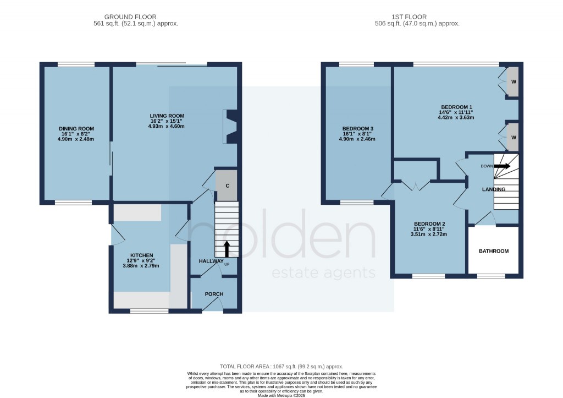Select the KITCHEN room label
click(x=126, y=255)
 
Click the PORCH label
click(x=214, y=294)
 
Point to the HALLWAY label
click(x=211, y=261)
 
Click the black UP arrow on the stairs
click(x=226, y=248)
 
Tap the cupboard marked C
click(x=226, y=186)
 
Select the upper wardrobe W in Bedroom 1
click(x=514, y=82)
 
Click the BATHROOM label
click(x=493, y=251)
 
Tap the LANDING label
click(x=493, y=189)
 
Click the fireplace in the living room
click(x=230, y=127)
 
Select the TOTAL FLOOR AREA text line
click(x=281, y=366)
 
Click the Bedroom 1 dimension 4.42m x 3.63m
click(x=456, y=117)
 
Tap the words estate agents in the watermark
click(x=324, y=273)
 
